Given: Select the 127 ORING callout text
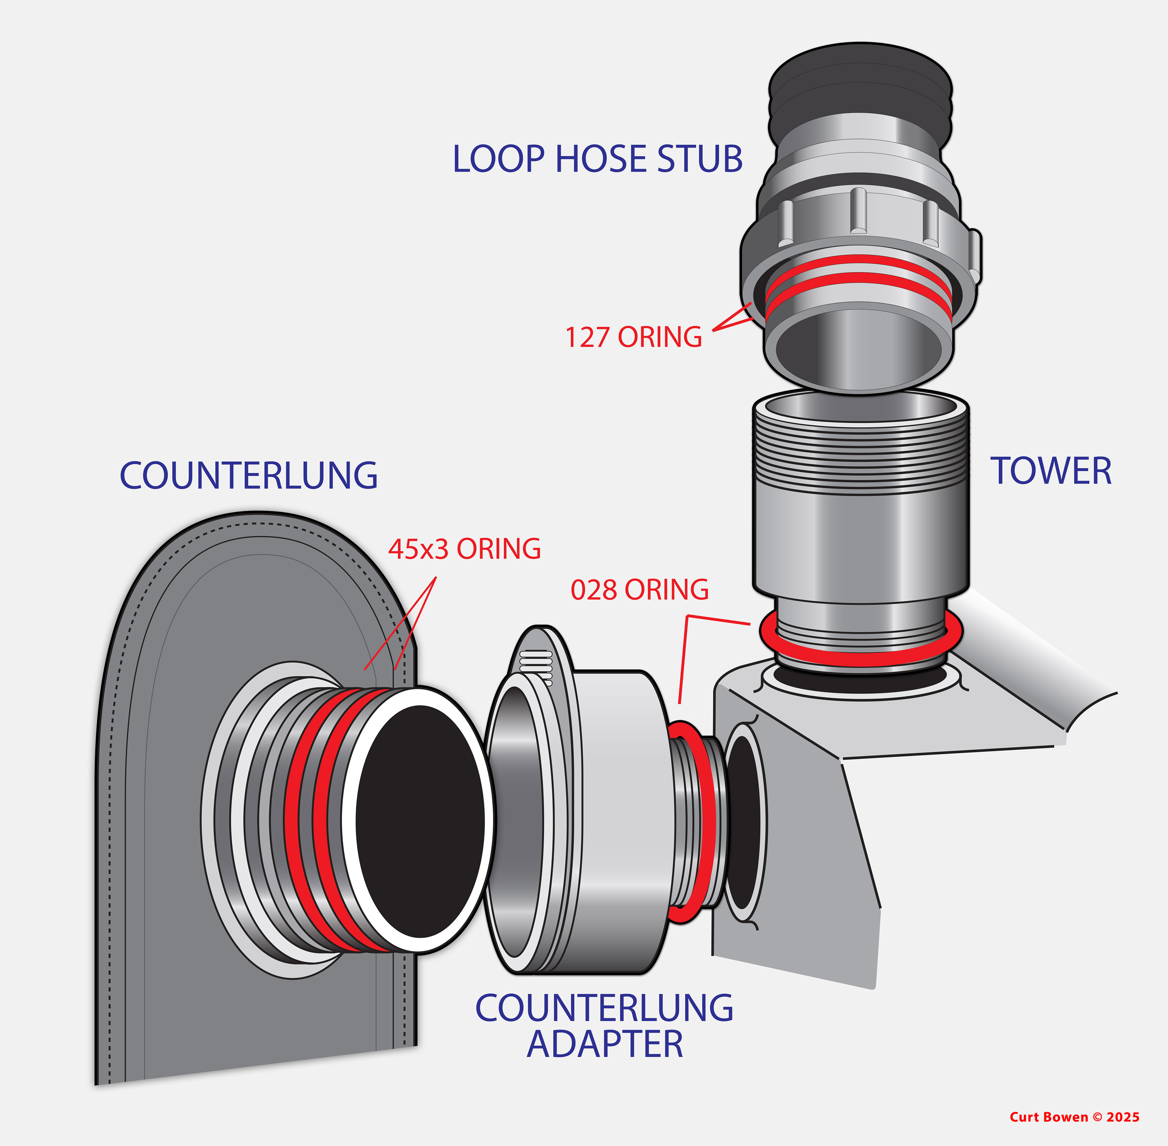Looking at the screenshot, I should tap(633, 337).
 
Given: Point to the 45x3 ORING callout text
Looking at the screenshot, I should tap(464, 549).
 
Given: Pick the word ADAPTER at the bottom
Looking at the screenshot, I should tap(605, 1044).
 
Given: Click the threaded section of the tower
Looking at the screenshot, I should tap(860, 457).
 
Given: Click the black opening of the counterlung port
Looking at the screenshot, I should tap(420, 822).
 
